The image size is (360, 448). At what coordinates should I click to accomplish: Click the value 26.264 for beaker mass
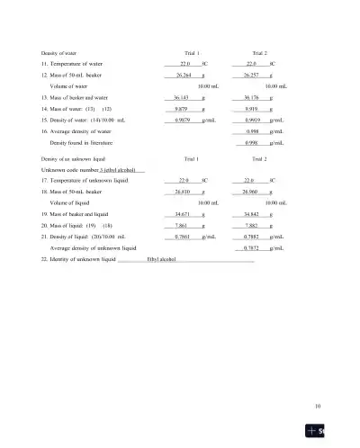coord(183,75)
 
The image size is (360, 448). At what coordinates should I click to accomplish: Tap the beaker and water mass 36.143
coord(182,96)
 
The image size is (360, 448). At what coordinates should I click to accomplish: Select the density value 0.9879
coord(184,119)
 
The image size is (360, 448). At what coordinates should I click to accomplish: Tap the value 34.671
coord(183,215)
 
